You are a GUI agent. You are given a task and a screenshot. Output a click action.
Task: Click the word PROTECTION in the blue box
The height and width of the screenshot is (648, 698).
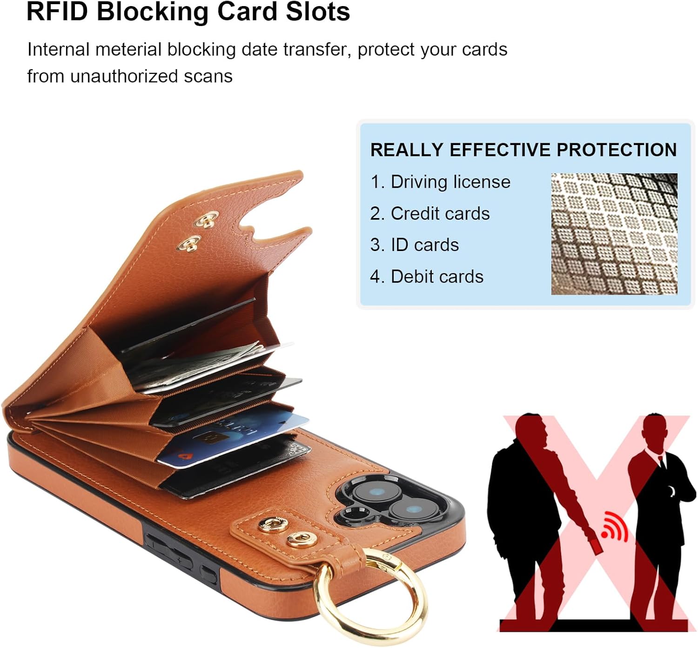click(617, 150)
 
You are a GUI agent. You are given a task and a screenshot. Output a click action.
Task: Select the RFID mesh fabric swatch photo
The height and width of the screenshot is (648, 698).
click(614, 234)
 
